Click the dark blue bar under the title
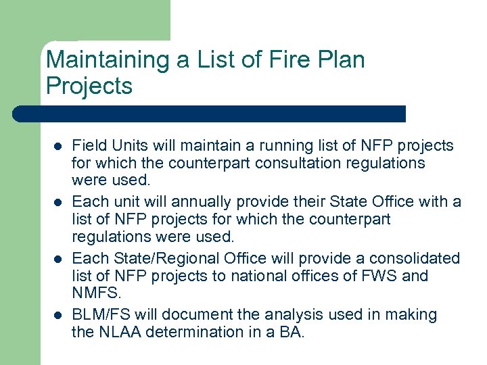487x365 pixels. coord(210,114)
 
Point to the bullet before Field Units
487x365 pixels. coord(58,146)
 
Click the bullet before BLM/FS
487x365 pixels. coord(58,315)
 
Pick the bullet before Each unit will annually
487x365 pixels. coord(58,202)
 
